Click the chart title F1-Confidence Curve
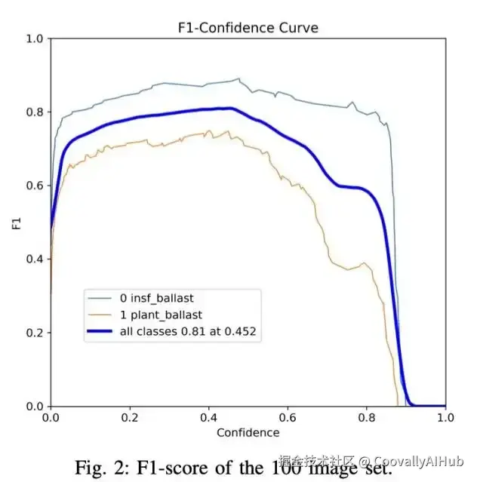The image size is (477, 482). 248,28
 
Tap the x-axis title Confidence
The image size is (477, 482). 248,432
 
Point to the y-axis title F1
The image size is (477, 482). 17,223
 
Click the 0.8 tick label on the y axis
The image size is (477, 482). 35,112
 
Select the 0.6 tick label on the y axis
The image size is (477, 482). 35,186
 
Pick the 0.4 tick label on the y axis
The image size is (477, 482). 35,259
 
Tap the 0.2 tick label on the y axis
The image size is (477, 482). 35,333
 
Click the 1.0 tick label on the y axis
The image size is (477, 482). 35,38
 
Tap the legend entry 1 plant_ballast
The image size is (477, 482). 160,315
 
